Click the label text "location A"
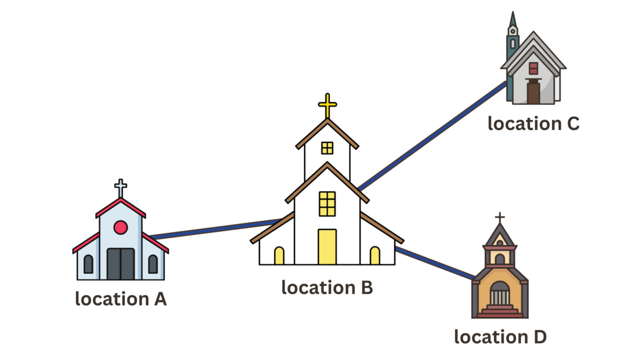point(121,299)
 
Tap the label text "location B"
point(327,287)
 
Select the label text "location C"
point(533,124)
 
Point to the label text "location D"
point(500,337)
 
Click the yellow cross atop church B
point(327,105)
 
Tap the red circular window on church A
point(121,227)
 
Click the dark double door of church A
point(121,264)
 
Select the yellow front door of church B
point(327,246)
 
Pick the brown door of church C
point(533,92)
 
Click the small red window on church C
point(533,68)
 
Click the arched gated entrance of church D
point(500,294)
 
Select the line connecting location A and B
point(213,229)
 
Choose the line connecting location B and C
point(432,136)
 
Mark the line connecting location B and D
point(435,263)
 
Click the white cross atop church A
point(121,188)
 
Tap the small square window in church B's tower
point(327,148)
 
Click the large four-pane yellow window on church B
point(327,204)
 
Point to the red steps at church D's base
point(500,312)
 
